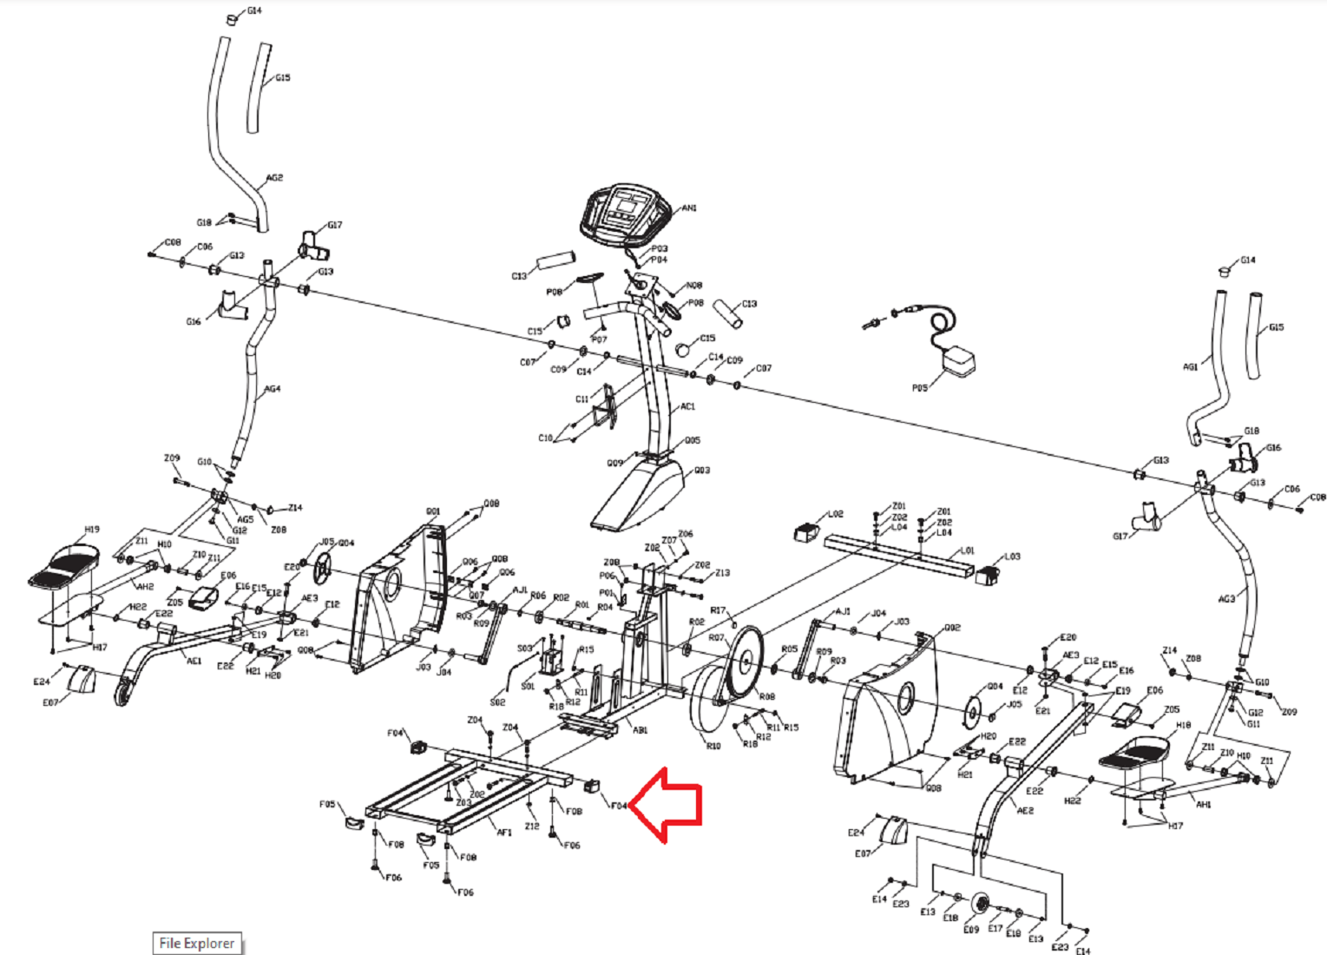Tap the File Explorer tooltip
click(196, 943)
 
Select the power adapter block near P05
click(958, 360)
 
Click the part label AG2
click(274, 178)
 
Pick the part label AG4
click(273, 389)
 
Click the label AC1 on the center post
click(687, 406)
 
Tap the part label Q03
click(701, 471)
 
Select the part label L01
click(968, 550)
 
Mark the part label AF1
click(504, 832)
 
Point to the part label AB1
click(640, 730)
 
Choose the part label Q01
click(433, 511)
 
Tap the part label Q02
click(952, 627)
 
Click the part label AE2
click(1025, 811)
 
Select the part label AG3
click(1225, 599)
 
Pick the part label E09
click(971, 929)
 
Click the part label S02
click(497, 701)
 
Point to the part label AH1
click(1203, 805)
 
